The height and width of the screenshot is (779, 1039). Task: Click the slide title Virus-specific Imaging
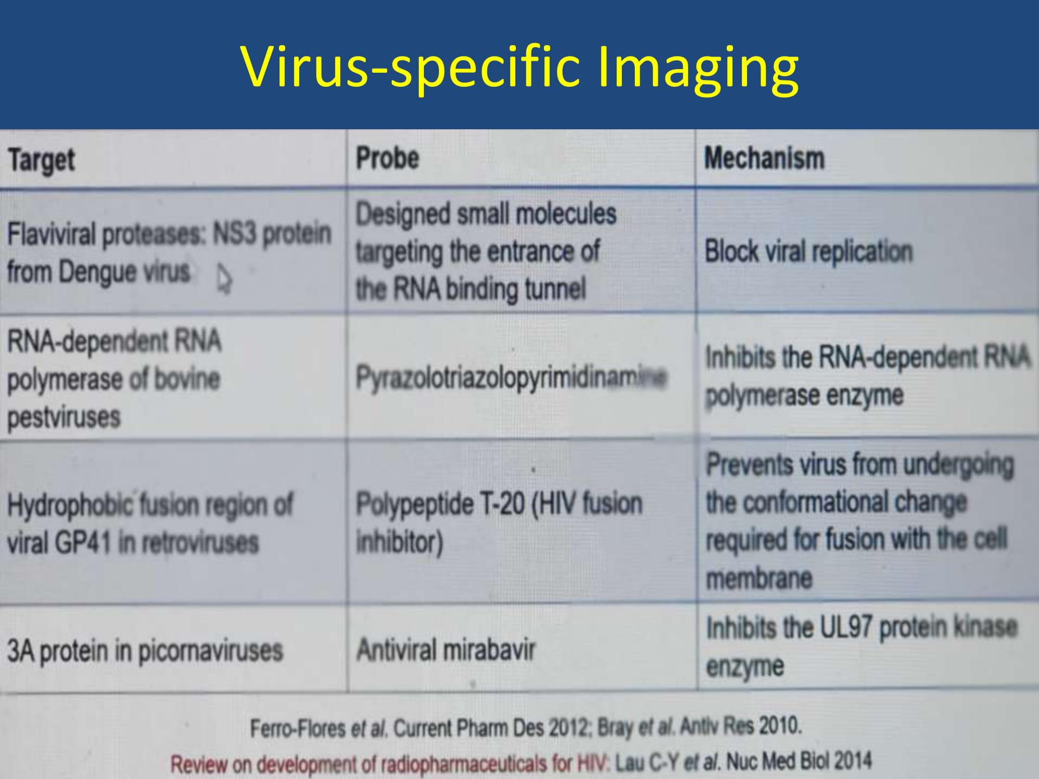click(519, 68)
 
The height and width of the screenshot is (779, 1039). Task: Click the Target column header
click(42, 159)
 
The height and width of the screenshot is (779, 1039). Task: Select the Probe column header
click(388, 158)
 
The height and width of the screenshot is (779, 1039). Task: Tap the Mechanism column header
click(764, 158)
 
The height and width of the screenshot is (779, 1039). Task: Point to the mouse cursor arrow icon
click(224, 278)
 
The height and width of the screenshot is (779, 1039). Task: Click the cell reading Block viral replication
click(808, 252)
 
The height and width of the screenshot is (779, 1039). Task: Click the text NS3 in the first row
click(235, 233)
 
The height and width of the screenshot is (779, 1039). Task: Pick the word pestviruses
click(64, 417)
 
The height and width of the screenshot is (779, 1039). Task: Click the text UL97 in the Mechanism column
click(845, 627)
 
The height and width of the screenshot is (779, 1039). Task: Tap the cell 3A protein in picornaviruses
click(145, 651)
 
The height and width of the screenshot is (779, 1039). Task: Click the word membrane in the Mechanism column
click(759, 578)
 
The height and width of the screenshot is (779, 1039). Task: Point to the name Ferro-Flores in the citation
click(298, 728)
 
